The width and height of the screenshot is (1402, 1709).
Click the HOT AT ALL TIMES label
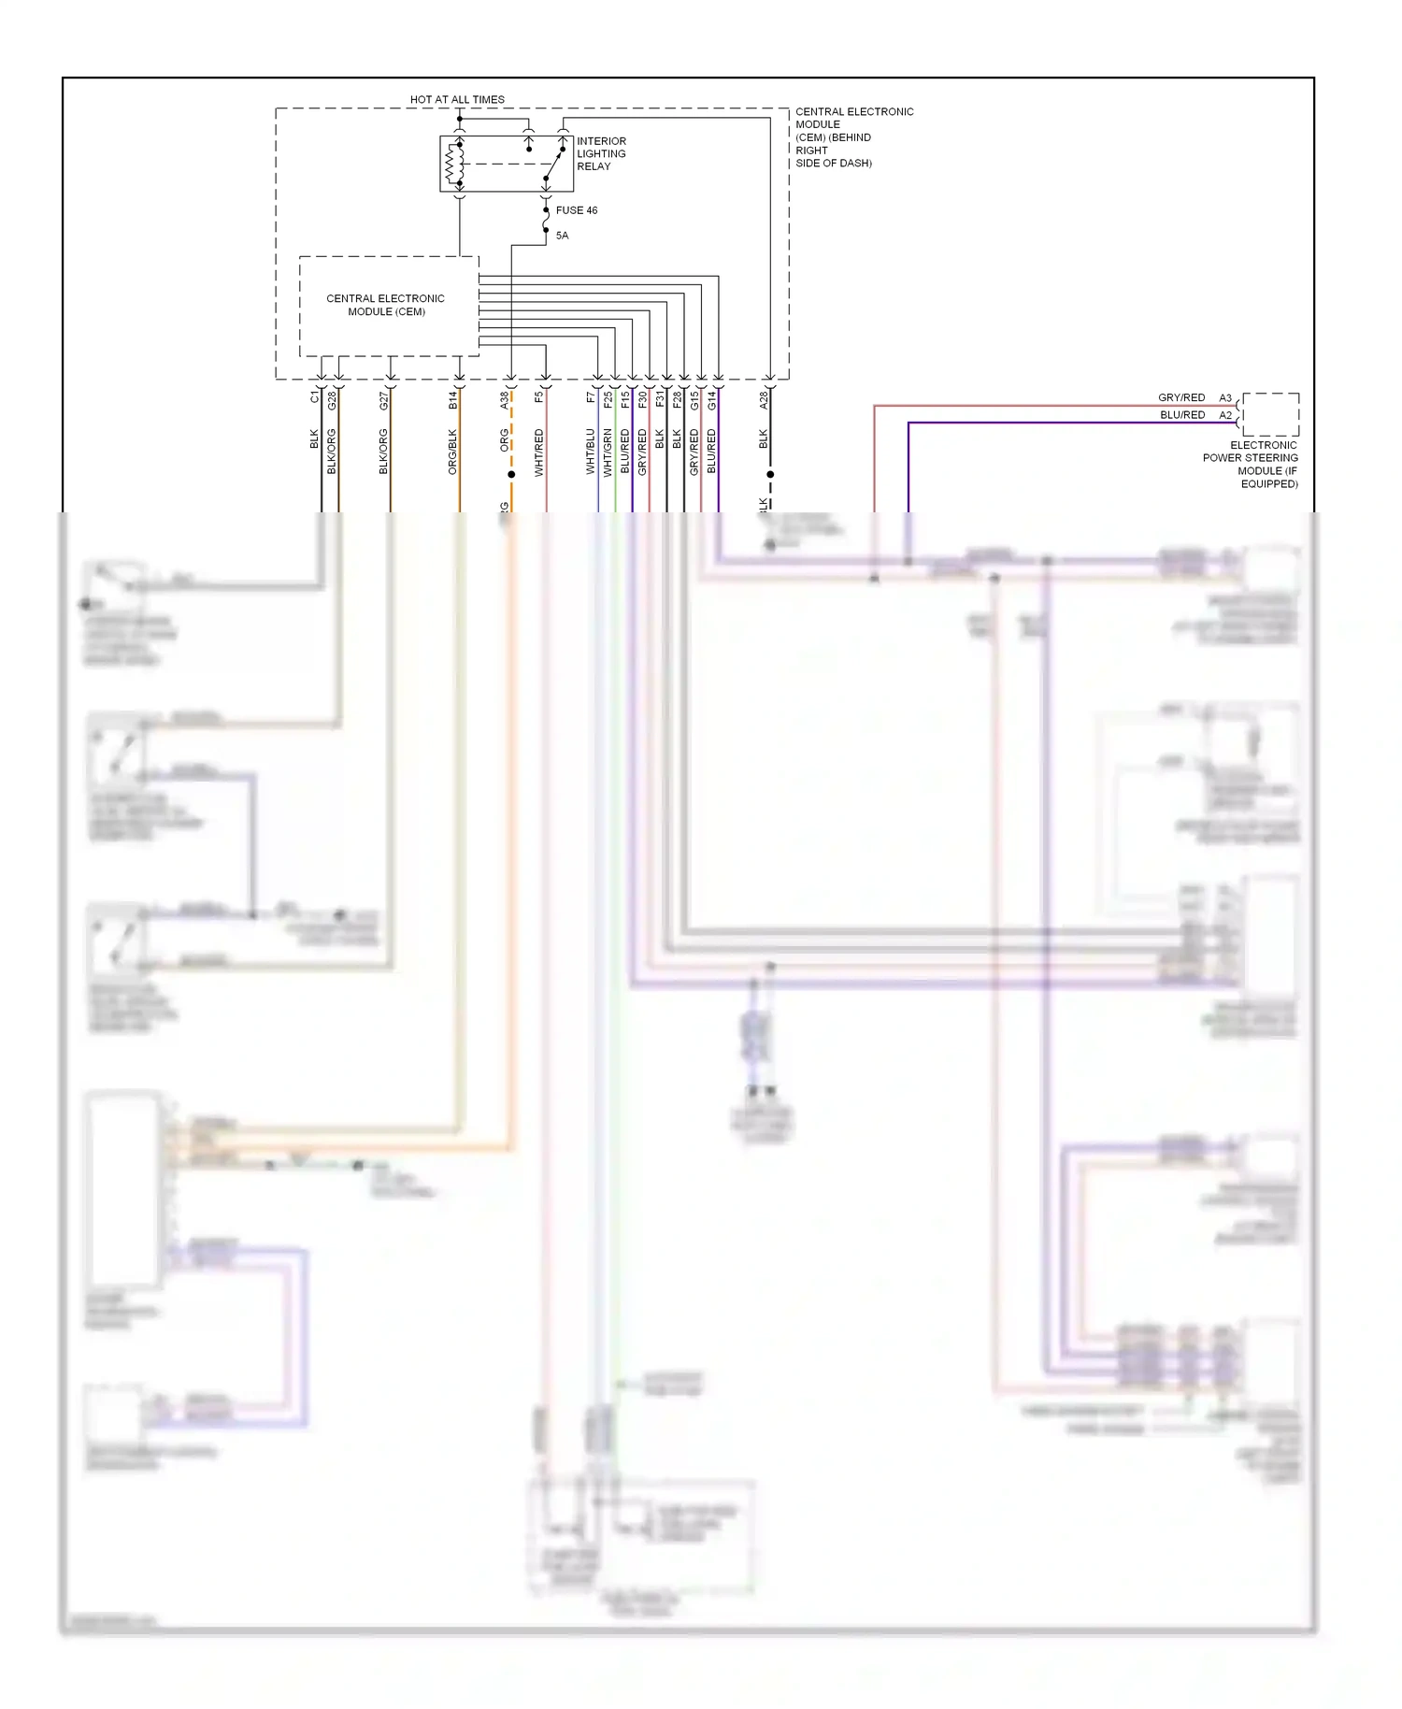pos(457,99)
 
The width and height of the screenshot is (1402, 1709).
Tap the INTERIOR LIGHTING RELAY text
pos(601,153)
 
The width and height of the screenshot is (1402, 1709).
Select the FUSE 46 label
pos(576,210)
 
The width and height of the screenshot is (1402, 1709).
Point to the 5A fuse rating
pos(562,236)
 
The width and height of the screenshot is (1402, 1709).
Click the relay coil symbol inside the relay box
pos(455,165)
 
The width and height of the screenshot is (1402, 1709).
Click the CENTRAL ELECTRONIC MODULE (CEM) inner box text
pos(386,305)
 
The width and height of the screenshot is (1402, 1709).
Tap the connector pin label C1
pos(315,397)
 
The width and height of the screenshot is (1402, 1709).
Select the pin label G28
pos(332,400)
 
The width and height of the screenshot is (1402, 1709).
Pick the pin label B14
pos(453,400)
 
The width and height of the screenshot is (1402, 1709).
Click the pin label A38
pos(505,400)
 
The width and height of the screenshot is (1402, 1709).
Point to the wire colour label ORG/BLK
pos(453,452)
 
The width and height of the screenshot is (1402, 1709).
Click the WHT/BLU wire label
pos(591,452)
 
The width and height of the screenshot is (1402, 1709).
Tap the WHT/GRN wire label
pos(608,452)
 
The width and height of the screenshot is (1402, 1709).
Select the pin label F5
pos(539,397)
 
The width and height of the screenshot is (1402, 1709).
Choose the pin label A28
pos(764,400)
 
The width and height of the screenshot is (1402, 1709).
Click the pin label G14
pos(712,400)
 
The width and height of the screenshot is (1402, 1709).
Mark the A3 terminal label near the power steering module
pos(1225,398)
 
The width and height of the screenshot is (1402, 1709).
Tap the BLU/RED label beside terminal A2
pos(1182,415)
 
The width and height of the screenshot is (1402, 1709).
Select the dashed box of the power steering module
pos(1271,414)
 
